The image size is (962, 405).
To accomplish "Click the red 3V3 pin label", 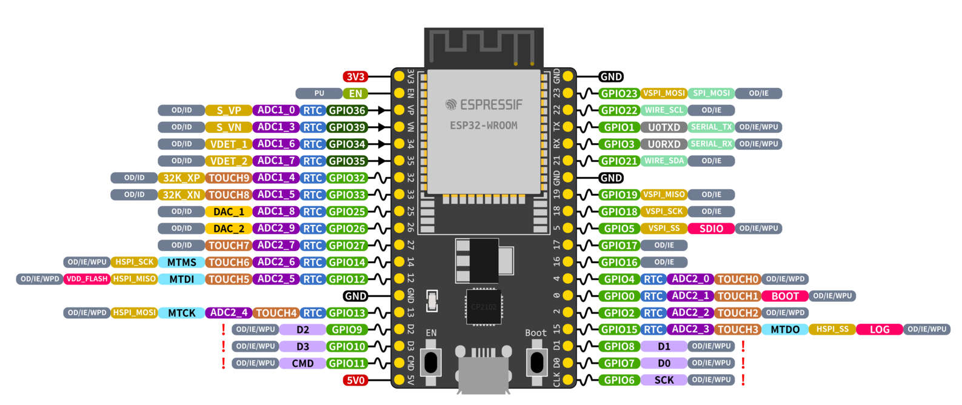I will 355,76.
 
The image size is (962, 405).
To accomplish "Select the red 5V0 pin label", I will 355,380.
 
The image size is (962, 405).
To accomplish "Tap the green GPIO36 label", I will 347,110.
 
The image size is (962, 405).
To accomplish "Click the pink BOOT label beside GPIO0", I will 784,296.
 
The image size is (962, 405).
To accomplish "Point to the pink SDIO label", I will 711,229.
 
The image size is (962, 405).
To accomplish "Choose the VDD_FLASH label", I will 87,279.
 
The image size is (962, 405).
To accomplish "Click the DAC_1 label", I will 229,212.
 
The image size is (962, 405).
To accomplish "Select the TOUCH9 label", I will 229,178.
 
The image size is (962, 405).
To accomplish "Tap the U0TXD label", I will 664,127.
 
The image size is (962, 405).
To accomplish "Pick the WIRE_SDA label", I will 664,161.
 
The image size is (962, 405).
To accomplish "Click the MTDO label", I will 784,329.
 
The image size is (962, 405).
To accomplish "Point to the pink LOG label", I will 879,329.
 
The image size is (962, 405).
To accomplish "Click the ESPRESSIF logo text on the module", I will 484,105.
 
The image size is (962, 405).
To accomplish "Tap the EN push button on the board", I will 431,362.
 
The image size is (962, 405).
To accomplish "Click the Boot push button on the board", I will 536,362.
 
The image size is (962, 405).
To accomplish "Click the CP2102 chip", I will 483,307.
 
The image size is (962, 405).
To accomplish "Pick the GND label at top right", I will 611,76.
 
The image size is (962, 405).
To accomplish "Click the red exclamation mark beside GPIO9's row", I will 224,329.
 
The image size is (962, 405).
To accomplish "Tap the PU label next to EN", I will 319,93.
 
